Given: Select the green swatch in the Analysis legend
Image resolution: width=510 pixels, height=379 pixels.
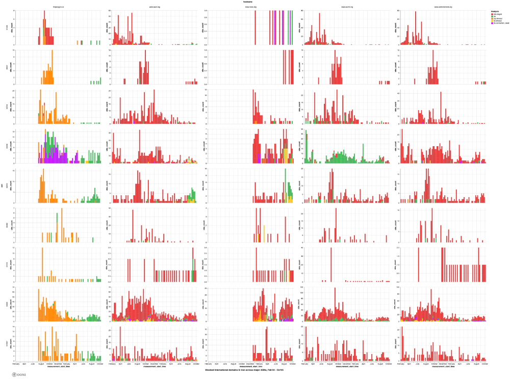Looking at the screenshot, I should (x=492, y=16).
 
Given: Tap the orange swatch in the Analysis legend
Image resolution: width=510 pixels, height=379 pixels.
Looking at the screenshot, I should (x=492, y=18).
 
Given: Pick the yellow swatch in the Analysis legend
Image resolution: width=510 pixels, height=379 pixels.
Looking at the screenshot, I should (x=492, y=21).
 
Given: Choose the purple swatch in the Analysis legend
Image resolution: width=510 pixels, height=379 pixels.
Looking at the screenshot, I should (x=492, y=23).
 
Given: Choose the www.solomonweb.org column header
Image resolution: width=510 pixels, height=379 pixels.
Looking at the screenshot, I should (x=443, y=7).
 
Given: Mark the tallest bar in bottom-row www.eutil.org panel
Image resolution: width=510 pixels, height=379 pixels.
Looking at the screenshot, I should (x=120, y=344).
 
